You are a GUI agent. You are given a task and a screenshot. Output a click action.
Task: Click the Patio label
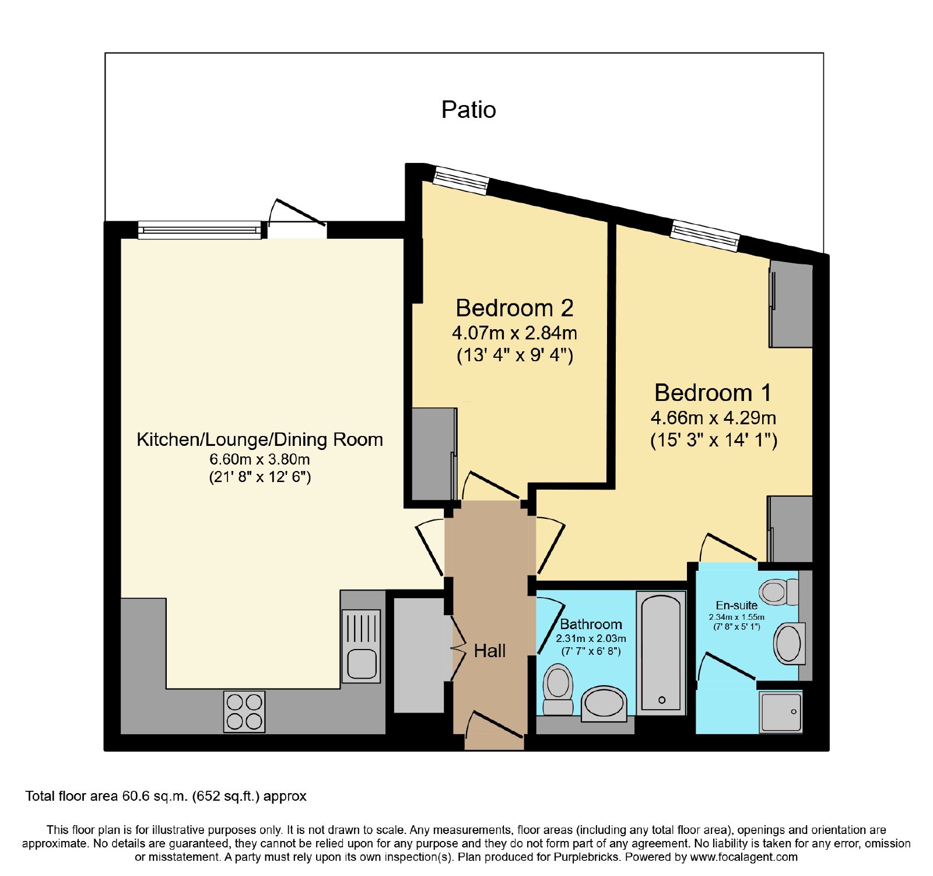(x=468, y=110)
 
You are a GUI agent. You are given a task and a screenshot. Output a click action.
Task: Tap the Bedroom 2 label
(x=514, y=308)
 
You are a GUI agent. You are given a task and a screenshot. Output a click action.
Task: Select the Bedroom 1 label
(x=713, y=393)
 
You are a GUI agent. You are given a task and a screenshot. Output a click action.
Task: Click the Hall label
(x=489, y=651)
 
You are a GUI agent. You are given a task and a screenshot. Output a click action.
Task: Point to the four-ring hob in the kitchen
(x=244, y=711)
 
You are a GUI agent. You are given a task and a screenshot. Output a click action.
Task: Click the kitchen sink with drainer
(x=362, y=646)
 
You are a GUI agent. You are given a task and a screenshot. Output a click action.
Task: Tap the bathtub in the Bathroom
(x=661, y=653)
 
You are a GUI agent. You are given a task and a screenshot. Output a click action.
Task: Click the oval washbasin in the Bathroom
(x=605, y=703)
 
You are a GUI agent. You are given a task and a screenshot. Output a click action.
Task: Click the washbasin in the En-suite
(x=789, y=643)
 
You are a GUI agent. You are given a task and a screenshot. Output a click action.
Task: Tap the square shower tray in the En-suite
(x=781, y=711)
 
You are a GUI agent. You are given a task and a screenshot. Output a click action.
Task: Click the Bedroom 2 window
(x=461, y=180)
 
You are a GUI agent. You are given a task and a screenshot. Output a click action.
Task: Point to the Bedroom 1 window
(x=704, y=236)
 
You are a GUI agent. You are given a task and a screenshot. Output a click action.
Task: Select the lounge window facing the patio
(x=199, y=230)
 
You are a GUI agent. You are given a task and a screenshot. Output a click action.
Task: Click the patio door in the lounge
(x=297, y=219)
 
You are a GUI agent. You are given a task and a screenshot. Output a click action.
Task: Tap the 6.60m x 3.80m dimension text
(x=259, y=459)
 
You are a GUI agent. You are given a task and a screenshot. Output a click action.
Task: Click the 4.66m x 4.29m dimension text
(x=713, y=418)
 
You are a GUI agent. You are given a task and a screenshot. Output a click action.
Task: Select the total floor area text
(x=166, y=796)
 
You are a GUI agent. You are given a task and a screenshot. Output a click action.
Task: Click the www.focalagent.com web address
(x=743, y=857)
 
